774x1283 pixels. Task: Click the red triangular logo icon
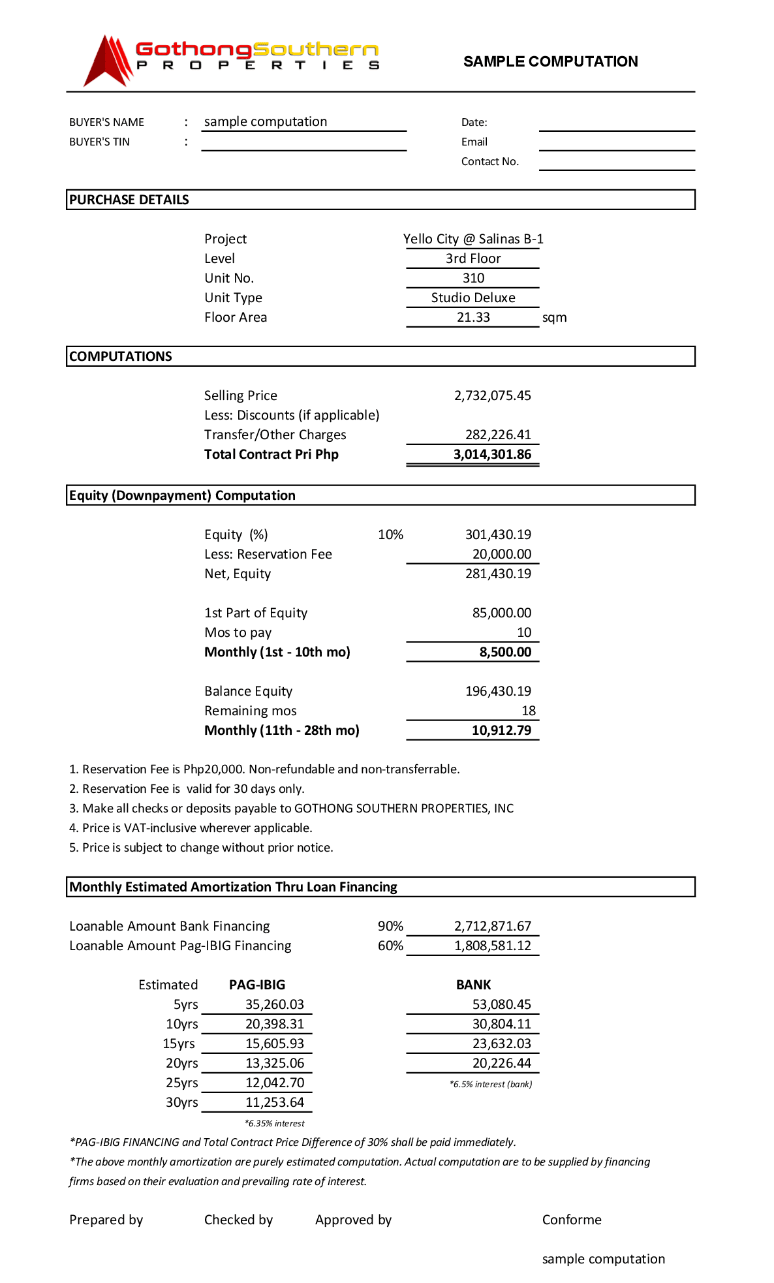(x=108, y=61)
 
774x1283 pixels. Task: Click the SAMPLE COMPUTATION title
(x=550, y=61)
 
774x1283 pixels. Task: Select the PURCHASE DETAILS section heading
(x=129, y=200)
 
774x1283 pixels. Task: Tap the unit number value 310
(x=473, y=278)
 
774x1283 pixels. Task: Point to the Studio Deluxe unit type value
(x=473, y=298)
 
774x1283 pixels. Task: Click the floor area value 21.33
(x=473, y=317)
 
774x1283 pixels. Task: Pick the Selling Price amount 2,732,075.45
(x=493, y=395)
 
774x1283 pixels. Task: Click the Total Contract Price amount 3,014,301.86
(x=492, y=454)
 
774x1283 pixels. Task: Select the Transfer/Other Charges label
(x=275, y=435)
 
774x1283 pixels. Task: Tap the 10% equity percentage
(x=390, y=534)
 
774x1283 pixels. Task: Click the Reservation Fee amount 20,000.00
(x=501, y=554)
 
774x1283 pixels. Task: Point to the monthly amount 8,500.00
(x=505, y=652)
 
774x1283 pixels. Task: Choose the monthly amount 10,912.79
(x=501, y=730)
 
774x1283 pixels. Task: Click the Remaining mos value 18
(x=529, y=711)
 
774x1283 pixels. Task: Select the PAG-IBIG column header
(x=257, y=985)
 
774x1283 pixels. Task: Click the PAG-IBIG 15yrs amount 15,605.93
(x=275, y=1043)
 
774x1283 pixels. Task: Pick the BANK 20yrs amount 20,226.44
(x=501, y=1063)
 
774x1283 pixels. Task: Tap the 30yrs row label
(x=181, y=1102)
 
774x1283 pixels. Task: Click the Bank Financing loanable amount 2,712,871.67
(x=493, y=926)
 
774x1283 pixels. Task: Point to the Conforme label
(x=572, y=1220)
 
